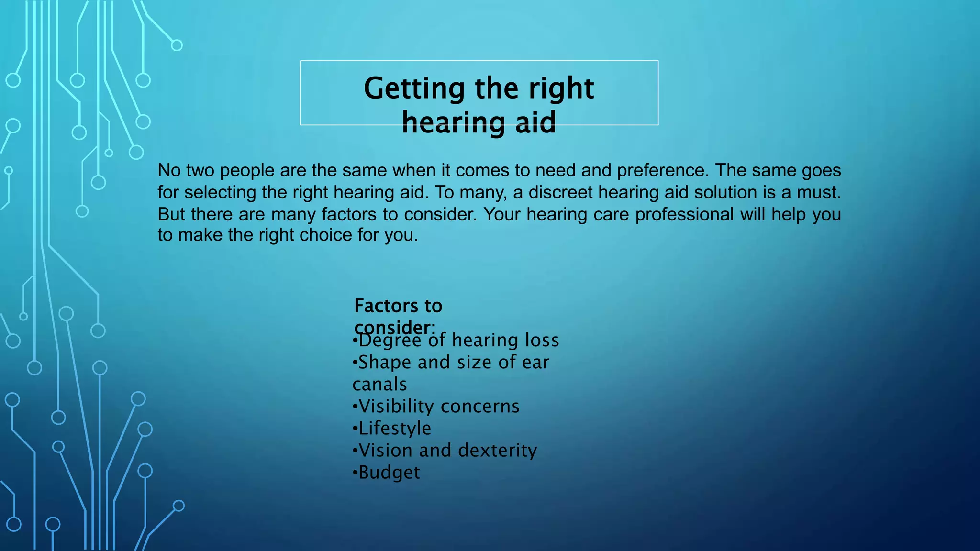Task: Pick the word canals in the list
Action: [379, 385]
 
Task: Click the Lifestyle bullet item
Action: [394, 429]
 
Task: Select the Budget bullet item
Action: [389, 473]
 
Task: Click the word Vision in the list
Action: [386, 451]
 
